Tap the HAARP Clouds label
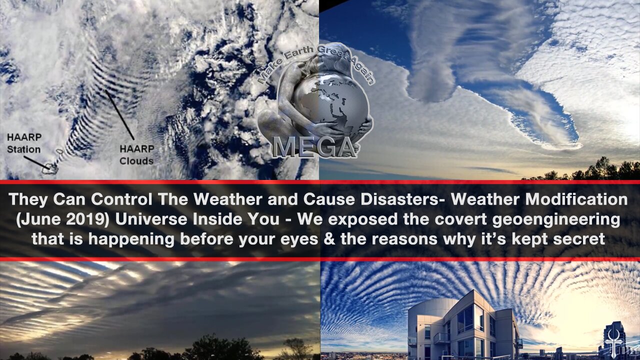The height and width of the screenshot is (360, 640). click(136, 155)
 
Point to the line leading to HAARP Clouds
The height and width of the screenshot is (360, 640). click(119, 115)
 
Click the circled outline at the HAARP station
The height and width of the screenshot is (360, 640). click(50, 168)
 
